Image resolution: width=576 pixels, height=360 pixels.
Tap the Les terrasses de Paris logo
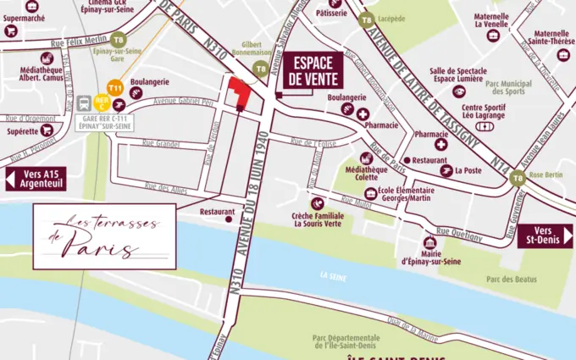pos(104,235)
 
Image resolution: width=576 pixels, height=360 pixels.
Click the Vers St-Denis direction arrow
pos(545,236)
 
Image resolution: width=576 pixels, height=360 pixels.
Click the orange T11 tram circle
pos(117,87)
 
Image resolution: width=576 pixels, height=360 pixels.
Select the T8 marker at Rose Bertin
pos(518,177)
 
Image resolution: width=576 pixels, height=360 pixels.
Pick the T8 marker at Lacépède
pos(366,20)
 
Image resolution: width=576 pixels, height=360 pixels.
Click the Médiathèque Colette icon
pos(367,158)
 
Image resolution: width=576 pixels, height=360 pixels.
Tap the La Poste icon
pos(444,169)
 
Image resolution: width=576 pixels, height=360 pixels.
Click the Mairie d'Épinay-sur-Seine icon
pos(429,244)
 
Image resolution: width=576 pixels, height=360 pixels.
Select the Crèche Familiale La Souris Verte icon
pos(317,204)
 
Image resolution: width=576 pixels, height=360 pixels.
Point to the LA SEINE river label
pos(335,276)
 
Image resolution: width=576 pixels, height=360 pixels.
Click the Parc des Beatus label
pos(512,280)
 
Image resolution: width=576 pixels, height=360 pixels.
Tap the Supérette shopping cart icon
pos(47,130)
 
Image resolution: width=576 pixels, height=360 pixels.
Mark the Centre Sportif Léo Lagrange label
pos(485,112)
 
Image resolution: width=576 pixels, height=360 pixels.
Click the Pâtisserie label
pos(330,14)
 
